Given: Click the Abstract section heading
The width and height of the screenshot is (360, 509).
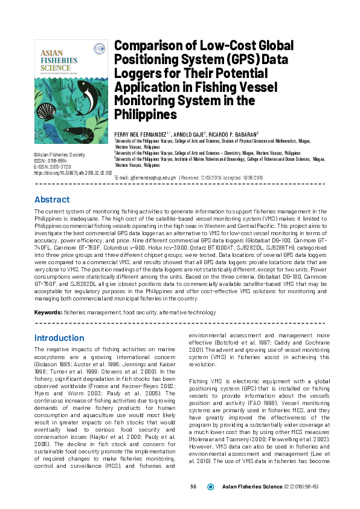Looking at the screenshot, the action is click(52, 199).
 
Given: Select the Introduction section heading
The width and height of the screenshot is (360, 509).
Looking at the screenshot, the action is click(59, 338).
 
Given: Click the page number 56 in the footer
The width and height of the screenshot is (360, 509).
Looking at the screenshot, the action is click(194, 487).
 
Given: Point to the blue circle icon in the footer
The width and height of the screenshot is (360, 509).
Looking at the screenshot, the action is click(211, 487).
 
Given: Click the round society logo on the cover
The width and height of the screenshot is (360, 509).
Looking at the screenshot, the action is click(97, 49).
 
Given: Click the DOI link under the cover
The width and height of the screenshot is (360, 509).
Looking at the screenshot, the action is click(73, 172).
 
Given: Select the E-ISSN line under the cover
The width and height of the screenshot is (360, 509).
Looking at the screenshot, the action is click(53, 166).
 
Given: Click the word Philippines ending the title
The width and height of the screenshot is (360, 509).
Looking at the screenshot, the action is click(145, 115).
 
